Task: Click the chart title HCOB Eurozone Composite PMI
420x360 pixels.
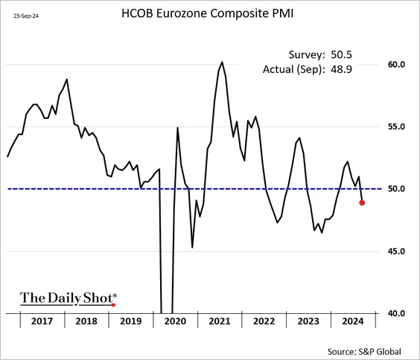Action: click(x=207, y=13)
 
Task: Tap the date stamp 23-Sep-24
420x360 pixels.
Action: click(x=26, y=16)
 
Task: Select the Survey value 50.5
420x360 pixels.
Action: click(x=341, y=54)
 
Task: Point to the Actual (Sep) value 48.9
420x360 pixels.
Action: click(x=341, y=69)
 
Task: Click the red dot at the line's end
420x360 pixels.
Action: click(x=362, y=203)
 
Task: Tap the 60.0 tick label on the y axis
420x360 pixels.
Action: click(x=396, y=65)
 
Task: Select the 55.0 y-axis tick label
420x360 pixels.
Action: click(x=396, y=126)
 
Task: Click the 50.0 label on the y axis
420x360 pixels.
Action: click(x=396, y=189)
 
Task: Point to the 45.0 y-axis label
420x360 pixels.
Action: click(x=396, y=251)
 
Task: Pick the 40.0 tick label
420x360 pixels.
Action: click(x=396, y=313)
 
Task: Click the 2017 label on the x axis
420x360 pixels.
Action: click(x=42, y=321)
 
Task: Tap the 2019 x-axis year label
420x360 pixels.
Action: click(x=131, y=321)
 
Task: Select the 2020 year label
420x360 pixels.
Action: click(x=175, y=321)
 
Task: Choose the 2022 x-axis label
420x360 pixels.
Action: click(x=264, y=321)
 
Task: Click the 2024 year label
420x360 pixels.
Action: click(x=353, y=321)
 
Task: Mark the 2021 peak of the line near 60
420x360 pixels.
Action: click(x=222, y=62)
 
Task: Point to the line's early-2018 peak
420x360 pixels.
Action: click(x=67, y=80)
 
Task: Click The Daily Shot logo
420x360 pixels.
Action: click(x=69, y=298)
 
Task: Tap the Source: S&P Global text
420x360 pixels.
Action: click(x=364, y=351)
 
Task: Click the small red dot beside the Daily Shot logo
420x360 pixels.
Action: click(x=113, y=305)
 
